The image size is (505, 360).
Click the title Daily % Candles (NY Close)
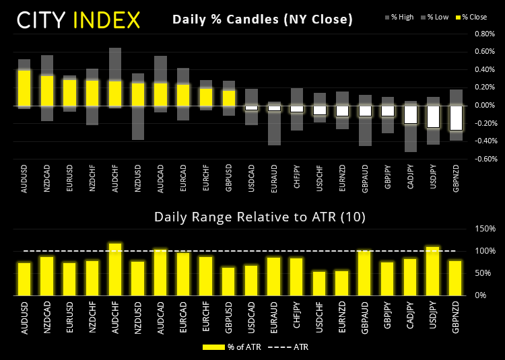pos(263,20)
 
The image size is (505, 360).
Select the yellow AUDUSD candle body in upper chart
pos(24,87)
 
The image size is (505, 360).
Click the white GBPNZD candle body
pos(456,118)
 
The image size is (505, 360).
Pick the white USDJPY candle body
pos(433,116)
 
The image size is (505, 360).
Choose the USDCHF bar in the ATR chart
pos(319,283)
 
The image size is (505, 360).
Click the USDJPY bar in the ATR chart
pos(433,271)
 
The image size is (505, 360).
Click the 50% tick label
pos(478,273)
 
